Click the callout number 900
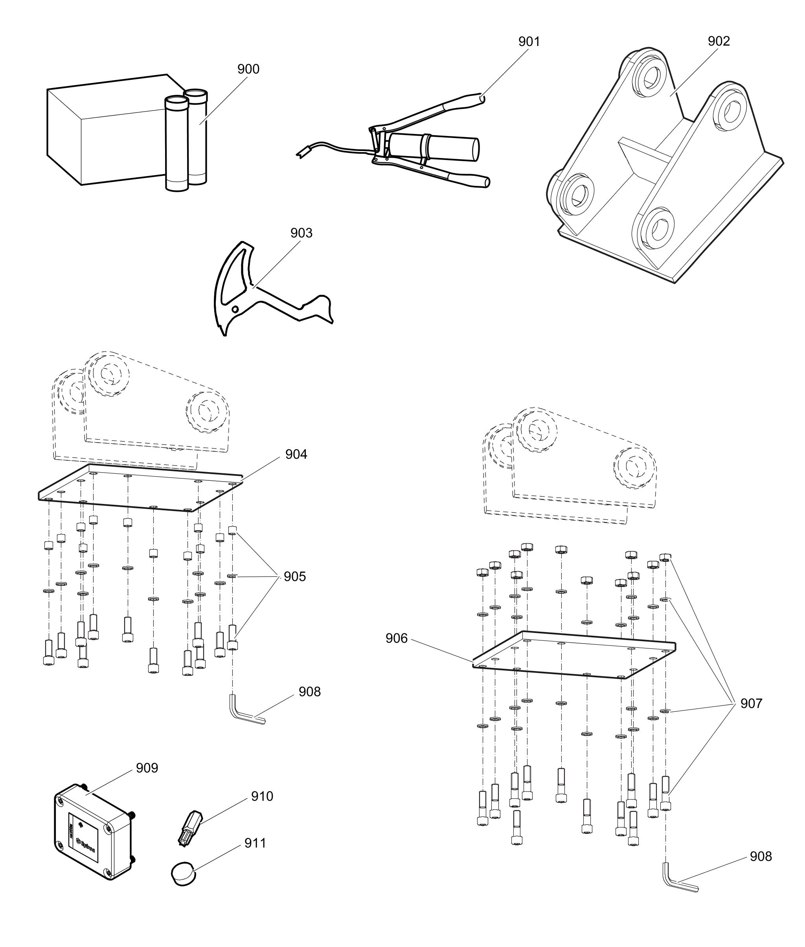click(x=248, y=69)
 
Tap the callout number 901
click(x=529, y=42)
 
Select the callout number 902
click(x=719, y=41)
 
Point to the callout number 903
click(x=301, y=233)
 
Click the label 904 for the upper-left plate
click(x=296, y=454)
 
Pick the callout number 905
click(x=295, y=576)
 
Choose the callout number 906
click(x=396, y=638)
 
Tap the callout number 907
click(x=751, y=703)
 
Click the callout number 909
click(x=147, y=768)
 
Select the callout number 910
click(x=262, y=796)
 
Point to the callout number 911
click(x=255, y=843)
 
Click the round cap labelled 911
click(x=184, y=873)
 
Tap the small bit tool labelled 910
click(x=189, y=828)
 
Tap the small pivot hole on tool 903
click(x=235, y=309)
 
